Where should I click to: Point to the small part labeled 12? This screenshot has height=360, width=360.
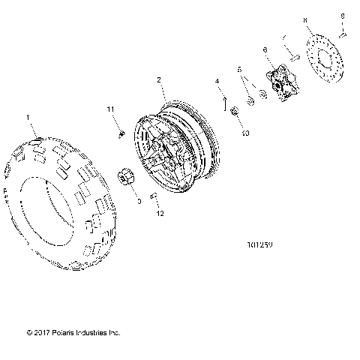coord(154,196)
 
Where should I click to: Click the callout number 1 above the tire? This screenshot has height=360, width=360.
coord(29,118)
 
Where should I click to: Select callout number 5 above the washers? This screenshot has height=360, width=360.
coord(240,70)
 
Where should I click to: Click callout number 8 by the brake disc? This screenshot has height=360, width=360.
coord(305,22)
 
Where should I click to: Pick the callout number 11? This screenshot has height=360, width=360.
coord(111,110)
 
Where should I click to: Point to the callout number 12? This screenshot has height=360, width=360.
coord(159,213)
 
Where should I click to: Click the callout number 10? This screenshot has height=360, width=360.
coord(244,132)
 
